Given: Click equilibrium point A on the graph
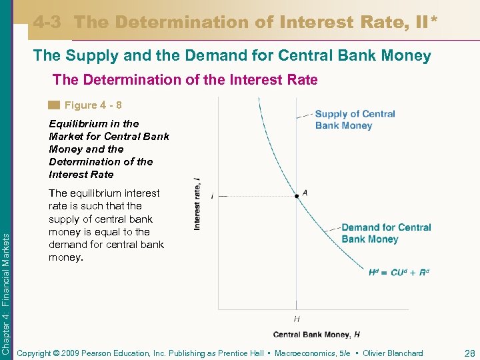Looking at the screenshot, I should (x=297, y=196).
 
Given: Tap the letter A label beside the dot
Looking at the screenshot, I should (x=305, y=192).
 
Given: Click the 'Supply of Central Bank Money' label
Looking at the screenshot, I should (x=355, y=119).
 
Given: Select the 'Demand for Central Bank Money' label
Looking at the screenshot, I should (x=386, y=233).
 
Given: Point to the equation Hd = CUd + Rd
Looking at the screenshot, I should (x=399, y=272).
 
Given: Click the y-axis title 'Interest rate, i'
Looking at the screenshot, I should (x=198, y=204).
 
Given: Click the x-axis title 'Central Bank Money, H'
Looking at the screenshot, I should (x=317, y=334).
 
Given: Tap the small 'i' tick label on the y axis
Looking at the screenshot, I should (x=212, y=197).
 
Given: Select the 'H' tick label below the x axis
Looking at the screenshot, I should (x=297, y=319).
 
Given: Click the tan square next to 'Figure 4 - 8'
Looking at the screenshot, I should (x=54, y=105).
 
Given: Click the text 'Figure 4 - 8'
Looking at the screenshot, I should (x=93, y=105).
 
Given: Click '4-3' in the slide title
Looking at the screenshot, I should (x=47, y=22).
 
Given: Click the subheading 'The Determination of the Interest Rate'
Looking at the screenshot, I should (x=185, y=80).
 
